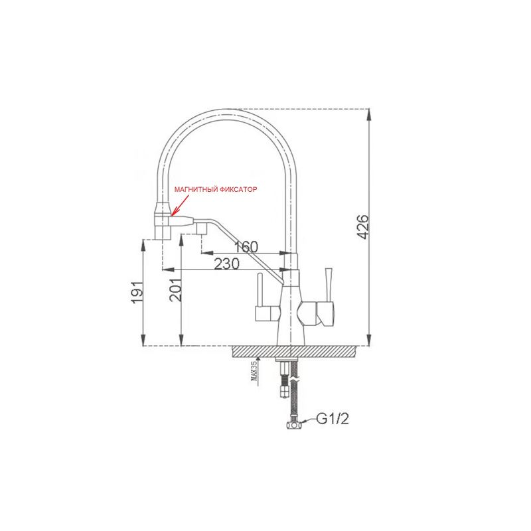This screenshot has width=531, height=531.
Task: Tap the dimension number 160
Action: pyautogui.click(x=245, y=247)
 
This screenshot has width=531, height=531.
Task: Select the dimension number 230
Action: pyautogui.click(x=227, y=264)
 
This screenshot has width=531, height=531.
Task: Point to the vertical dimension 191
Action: pyautogui.click(x=137, y=292)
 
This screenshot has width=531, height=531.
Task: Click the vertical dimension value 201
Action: pyautogui.click(x=175, y=290)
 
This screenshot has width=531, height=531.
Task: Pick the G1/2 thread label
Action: pyautogui.click(x=331, y=419)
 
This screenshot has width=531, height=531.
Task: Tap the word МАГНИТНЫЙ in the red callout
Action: pyautogui.click(x=196, y=190)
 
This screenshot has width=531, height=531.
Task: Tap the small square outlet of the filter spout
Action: pyautogui.click(x=199, y=228)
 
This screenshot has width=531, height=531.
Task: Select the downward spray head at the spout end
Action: pyautogui.click(x=163, y=222)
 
